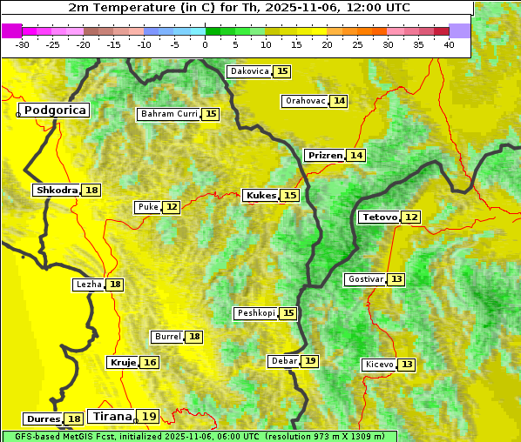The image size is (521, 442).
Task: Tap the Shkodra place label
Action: click(x=57, y=190)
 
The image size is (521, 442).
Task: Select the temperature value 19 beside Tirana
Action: click(x=150, y=417)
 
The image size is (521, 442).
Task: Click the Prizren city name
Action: click(x=325, y=156)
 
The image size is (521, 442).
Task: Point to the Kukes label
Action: click(x=260, y=196)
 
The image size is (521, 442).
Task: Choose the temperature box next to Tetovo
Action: click(x=411, y=217)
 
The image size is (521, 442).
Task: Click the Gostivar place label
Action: click(x=364, y=279)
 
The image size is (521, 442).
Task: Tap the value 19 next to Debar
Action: click(x=310, y=361)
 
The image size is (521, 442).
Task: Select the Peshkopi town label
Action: click(x=255, y=313)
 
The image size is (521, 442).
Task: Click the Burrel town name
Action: click(x=166, y=337)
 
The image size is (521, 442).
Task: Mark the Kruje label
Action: click(x=123, y=362)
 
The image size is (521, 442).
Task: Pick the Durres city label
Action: click(x=43, y=419)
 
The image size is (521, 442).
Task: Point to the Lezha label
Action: click(x=89, y=285)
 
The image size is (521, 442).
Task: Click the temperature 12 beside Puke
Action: click(x=172, y=207)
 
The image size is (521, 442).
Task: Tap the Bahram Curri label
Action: click(x=169, y=114)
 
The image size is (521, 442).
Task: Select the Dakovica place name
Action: click(x=249, y=71)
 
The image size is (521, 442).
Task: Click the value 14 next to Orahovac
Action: click(x=339, y=101)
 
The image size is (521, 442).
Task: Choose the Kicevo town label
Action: click(x=379, y=364)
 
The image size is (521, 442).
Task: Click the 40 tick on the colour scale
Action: click(x=449, y=44)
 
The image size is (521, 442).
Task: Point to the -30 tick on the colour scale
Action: click(x=23, y=44)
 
